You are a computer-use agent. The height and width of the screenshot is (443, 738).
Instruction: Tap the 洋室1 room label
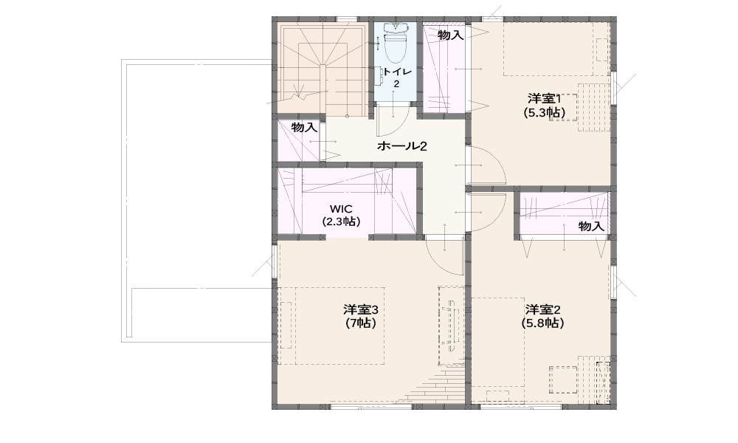544,99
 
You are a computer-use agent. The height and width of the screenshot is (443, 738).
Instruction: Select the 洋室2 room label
542,310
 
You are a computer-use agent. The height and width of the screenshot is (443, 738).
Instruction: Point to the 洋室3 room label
361,310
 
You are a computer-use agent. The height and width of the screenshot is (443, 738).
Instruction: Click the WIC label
341,208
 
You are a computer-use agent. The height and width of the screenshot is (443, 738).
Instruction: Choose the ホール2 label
401,146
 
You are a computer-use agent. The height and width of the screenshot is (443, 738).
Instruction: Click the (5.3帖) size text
544,112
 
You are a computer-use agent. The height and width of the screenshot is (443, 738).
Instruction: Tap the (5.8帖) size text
542,323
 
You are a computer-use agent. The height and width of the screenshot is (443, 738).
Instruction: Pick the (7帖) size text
361,323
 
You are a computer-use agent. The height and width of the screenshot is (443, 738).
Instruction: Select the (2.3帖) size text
341,221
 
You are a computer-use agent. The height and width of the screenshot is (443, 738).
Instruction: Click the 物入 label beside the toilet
450,35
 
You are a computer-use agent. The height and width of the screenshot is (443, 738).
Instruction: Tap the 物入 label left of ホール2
304,127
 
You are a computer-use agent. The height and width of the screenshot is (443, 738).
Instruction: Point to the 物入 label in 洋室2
591,227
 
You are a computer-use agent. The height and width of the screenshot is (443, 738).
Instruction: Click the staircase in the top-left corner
323,69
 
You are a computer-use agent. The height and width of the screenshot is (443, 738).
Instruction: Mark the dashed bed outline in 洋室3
331,326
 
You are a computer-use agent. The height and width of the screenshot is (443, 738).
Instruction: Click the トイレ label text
397,72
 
